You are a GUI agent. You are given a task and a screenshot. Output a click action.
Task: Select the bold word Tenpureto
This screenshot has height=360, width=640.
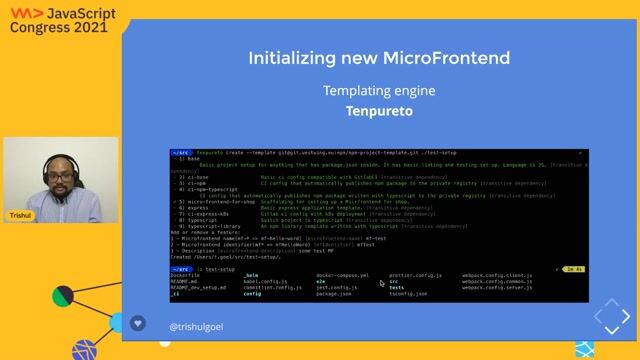(379, 111)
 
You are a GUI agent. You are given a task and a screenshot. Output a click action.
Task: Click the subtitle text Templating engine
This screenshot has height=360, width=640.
(379, 91)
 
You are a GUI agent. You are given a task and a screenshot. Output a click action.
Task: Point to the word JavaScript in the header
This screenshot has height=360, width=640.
(89, 11)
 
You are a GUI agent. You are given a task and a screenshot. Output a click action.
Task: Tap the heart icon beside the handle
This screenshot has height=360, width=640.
(138, 324)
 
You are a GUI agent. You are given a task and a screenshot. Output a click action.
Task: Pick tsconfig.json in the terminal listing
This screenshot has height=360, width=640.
(408, 294)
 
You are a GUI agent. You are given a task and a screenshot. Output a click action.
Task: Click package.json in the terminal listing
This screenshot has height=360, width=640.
(333, 294)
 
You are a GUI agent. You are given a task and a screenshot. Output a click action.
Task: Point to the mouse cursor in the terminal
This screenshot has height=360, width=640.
(381, 283)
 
